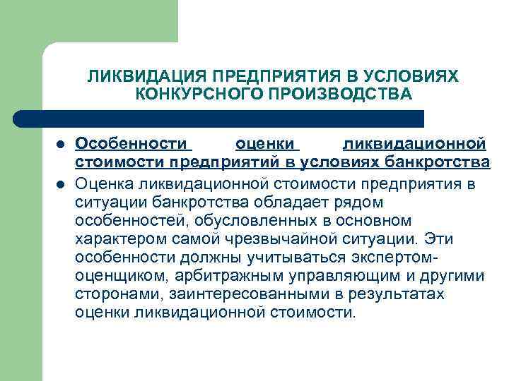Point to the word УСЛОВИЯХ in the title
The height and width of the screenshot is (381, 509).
tap(419, 75)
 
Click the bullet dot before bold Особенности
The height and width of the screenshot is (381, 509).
tap(61, 145)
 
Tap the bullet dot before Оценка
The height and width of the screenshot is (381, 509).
tap(61, 185)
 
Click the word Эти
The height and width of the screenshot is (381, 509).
tap(443, 239)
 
